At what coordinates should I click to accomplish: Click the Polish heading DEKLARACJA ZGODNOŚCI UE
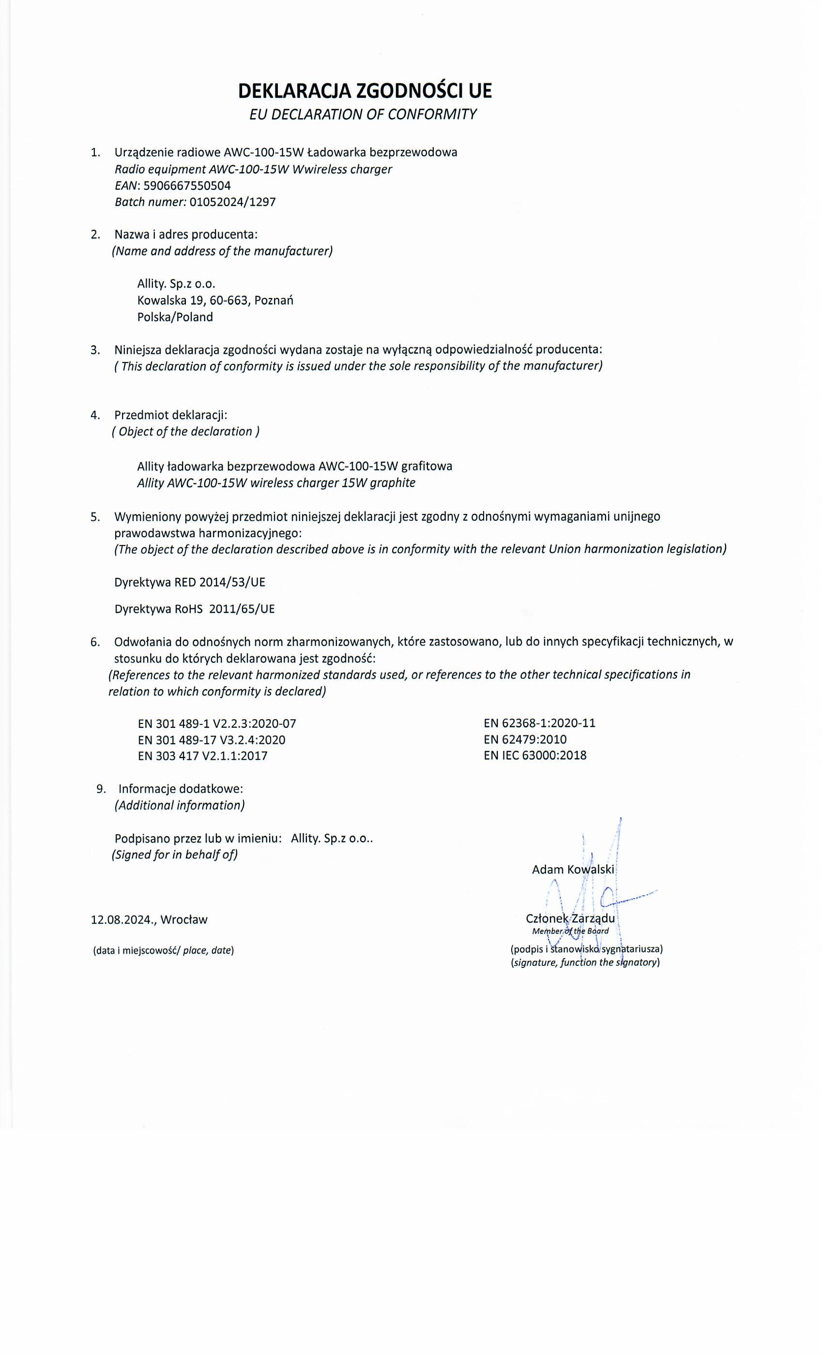click(365, 91)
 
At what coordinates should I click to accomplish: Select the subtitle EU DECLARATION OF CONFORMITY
click(363, 114)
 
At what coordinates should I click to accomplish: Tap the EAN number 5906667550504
click(187, 186)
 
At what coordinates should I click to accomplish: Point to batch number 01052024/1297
click(232, 202)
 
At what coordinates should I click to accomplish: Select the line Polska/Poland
click(175, 317)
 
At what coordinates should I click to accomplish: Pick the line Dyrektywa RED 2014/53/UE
click(190, 582)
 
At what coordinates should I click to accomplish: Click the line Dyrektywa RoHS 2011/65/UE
click(194, 609)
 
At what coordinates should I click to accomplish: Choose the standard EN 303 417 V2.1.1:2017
click(202, 756)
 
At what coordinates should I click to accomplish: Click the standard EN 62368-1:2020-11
click(539, 723)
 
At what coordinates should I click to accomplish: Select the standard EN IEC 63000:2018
click(535, 755)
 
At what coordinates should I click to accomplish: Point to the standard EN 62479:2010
click(525, 739)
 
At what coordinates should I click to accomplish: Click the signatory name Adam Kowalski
click(572, 870)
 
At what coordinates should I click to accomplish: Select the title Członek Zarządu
click(570, 919)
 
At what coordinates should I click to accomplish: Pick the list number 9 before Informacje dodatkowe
click(100, 789)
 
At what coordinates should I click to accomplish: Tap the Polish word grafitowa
click(427, 467)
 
